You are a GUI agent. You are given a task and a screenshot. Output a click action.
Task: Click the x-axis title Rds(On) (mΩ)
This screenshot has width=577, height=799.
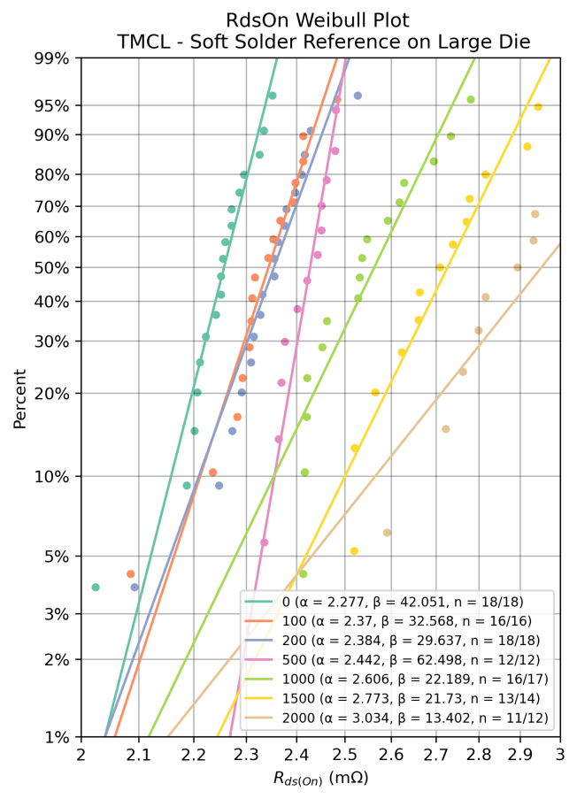click(321, 779)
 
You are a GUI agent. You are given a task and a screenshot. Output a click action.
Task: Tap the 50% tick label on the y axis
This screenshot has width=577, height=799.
click(51, 268)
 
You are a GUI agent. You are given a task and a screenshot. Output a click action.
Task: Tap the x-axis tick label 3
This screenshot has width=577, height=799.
click(561, 755)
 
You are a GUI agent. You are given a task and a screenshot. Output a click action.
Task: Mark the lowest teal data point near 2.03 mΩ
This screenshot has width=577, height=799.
click(96, 587)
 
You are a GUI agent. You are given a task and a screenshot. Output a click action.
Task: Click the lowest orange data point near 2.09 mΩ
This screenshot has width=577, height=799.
click(131, 574)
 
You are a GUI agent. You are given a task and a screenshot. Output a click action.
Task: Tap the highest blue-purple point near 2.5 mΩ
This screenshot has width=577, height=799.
click(358, 96)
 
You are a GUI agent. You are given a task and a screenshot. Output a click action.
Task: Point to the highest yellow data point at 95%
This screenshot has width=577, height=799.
click(537, 107)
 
